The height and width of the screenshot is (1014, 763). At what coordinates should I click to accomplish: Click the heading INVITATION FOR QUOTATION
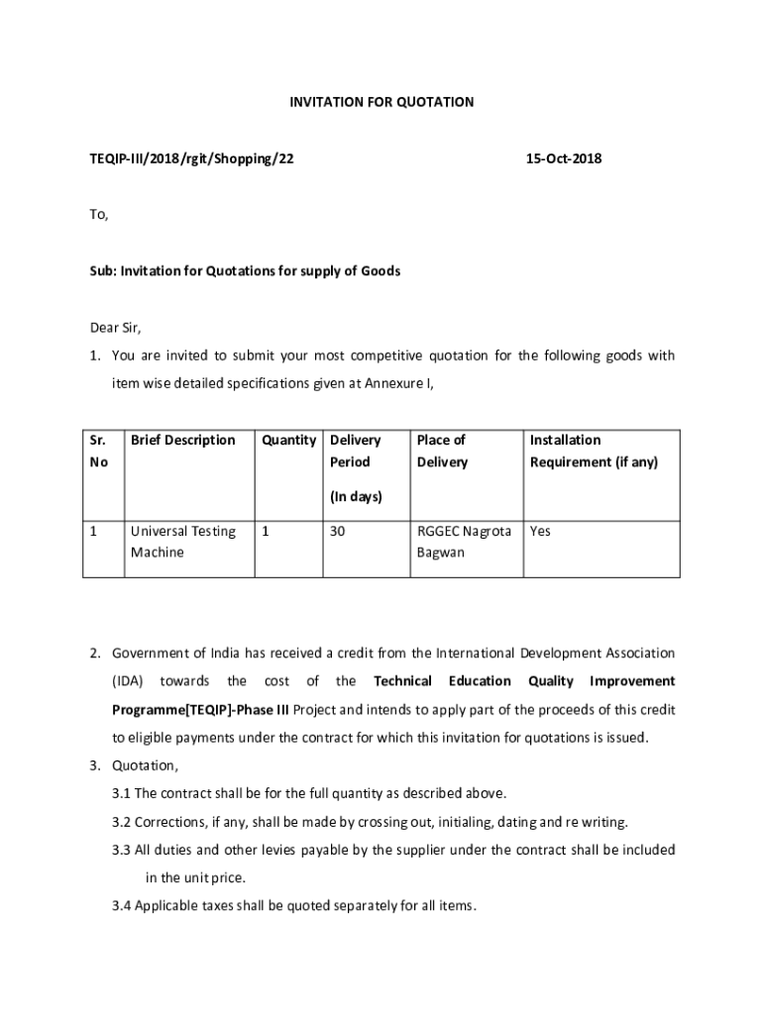[381, 102]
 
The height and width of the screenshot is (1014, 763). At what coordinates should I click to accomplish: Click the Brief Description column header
[182, 440]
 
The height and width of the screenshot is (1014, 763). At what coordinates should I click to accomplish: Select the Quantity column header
[288, 440]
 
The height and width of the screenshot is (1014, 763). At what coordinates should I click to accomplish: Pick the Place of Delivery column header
[442, 451]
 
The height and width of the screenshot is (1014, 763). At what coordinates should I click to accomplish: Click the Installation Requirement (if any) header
[593, 451]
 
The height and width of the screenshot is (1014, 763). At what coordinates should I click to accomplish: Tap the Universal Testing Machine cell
[182, 542]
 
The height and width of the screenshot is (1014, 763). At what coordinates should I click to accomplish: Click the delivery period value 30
[337, 532]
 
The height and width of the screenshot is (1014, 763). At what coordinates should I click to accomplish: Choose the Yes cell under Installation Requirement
[540, 532]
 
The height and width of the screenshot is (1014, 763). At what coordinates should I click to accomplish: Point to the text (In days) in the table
[356, 497]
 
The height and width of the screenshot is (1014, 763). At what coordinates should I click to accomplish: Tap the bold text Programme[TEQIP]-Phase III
[200, 710]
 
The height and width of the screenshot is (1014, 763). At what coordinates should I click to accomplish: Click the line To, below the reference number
[97, 215]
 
